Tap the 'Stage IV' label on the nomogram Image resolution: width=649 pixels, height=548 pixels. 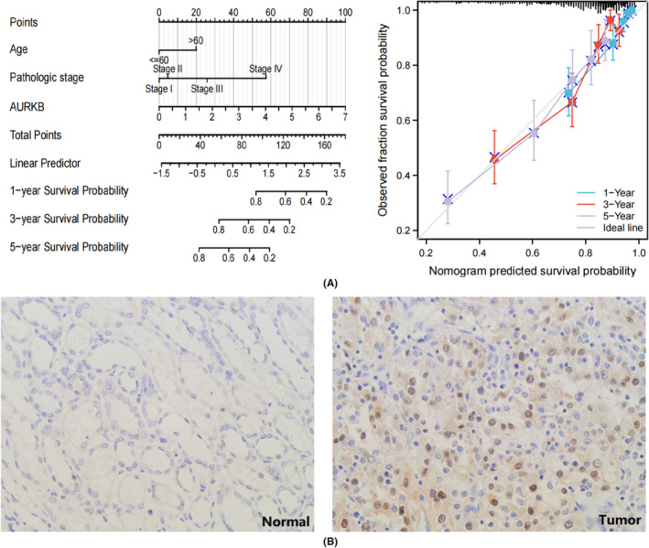tap(265, 68)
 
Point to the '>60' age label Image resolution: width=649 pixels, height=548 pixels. tap(196, 40)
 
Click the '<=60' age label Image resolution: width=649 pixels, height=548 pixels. tap(157, 60)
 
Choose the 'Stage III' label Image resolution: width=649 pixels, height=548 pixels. tap(207, 89)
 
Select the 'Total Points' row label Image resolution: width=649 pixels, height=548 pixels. tap(38, 134)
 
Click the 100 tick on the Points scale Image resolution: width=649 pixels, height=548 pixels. tap(344, 13)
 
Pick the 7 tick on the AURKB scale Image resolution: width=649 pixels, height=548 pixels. tap(344, 117)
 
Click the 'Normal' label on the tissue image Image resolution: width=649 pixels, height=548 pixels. tap(283, 521)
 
